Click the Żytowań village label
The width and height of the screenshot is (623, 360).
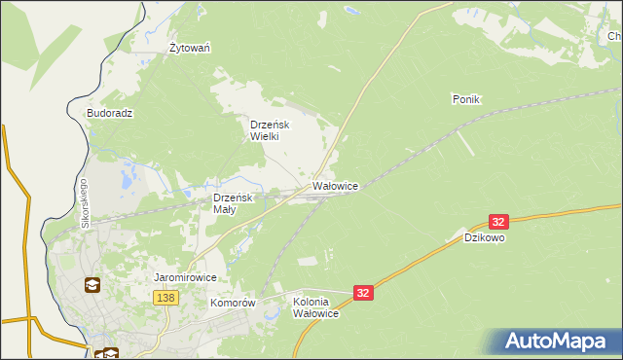click(x=191, y=48)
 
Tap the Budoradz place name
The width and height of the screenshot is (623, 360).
click(x=109, y=113)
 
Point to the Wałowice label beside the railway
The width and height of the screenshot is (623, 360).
click(x=335, y=185)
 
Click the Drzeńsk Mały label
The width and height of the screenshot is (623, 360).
click(x=234, y=203)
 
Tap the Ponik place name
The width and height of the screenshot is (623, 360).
click(x=467, y=99)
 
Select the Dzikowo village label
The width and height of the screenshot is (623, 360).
click(x=484, y=237)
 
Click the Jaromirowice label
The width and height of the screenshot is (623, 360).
click(x=185, y=277)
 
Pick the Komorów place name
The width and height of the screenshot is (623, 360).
click(x=232, y=303)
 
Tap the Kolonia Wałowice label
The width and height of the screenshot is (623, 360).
click(x=315, y=307)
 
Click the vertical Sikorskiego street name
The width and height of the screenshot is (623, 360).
click(x=85, y=203)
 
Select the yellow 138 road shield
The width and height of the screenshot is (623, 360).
click(x=165, y=298)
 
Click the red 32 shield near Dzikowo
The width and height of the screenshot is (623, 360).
click(x=498, y=222)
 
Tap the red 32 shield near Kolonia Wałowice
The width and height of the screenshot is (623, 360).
click(x=363, y=292)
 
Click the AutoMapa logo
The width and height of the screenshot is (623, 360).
click(x=557, y=342)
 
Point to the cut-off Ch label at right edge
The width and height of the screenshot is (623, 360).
click(x=614, y=37)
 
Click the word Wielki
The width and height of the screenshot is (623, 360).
click(x=264, y=137)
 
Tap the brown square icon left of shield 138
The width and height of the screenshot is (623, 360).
click(x=92, y=285)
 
